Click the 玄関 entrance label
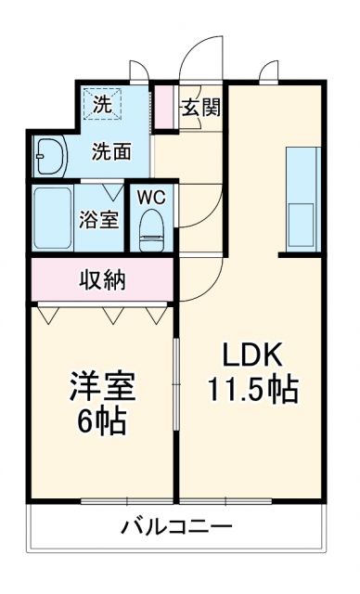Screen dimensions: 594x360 (x=200, y=107)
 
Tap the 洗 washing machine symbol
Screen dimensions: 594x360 (x=101, y=105)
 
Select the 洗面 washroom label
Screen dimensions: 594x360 (x=109, y=151)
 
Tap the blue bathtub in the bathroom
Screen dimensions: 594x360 (x=54, y=217)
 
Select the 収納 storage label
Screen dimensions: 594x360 (x=102, y=278)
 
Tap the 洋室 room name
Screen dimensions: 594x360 (x=102, y=386)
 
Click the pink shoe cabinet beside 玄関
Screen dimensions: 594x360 (x=164, y=107)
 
